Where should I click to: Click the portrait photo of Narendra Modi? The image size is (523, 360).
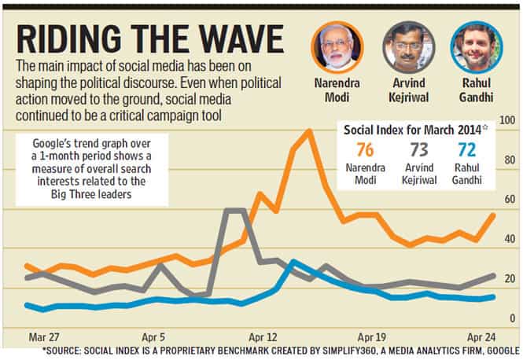[x=337, y=47]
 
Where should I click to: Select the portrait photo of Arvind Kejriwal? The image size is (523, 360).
[x=409, y=47]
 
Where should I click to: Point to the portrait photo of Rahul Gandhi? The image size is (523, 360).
[x=477, y=47]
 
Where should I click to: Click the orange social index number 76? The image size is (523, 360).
[x=365, y=149]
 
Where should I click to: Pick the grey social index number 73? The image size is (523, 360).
[x=419, y=149]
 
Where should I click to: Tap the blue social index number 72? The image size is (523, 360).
[x=466, y=149]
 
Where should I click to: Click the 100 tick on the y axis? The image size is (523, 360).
[x=507, y=120]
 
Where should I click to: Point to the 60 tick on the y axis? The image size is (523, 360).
[x=510, y=200]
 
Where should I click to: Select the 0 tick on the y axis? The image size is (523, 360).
[x=512, y=318]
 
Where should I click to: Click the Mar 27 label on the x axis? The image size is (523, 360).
[x=44, y=337]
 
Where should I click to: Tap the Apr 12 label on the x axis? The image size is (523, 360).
[x=263, y=337]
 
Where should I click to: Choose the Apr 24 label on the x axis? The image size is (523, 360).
[x=481, y=337]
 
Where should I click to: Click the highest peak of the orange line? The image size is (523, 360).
[x=309, y=131]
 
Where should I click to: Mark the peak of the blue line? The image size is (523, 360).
[x=293, y=262]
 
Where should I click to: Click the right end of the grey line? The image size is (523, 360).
[x=493, y=276]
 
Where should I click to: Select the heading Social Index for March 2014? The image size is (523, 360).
[x=413, y=130]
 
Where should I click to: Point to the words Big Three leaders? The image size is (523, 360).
[x=91, y=194]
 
